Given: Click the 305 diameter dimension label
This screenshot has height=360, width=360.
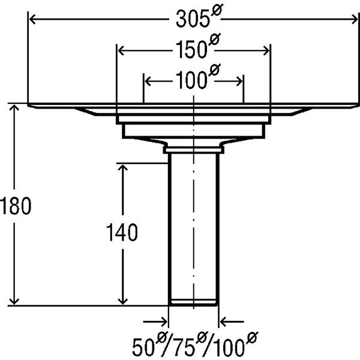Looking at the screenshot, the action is click(x=199, y=16).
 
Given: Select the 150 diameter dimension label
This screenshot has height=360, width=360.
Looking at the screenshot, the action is click(x=198, y=47).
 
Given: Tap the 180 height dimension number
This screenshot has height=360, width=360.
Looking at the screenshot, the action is click(x=15, y=206).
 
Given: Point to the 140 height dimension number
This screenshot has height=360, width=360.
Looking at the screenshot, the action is click(x=122, y=232).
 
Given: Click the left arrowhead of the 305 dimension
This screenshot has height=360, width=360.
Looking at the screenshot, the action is click(x=32, y=19).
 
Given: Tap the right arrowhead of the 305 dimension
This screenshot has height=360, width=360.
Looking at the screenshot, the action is click(x=354, y=19).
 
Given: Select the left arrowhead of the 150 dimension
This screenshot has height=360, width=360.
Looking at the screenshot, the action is click(x=121, y=51).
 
